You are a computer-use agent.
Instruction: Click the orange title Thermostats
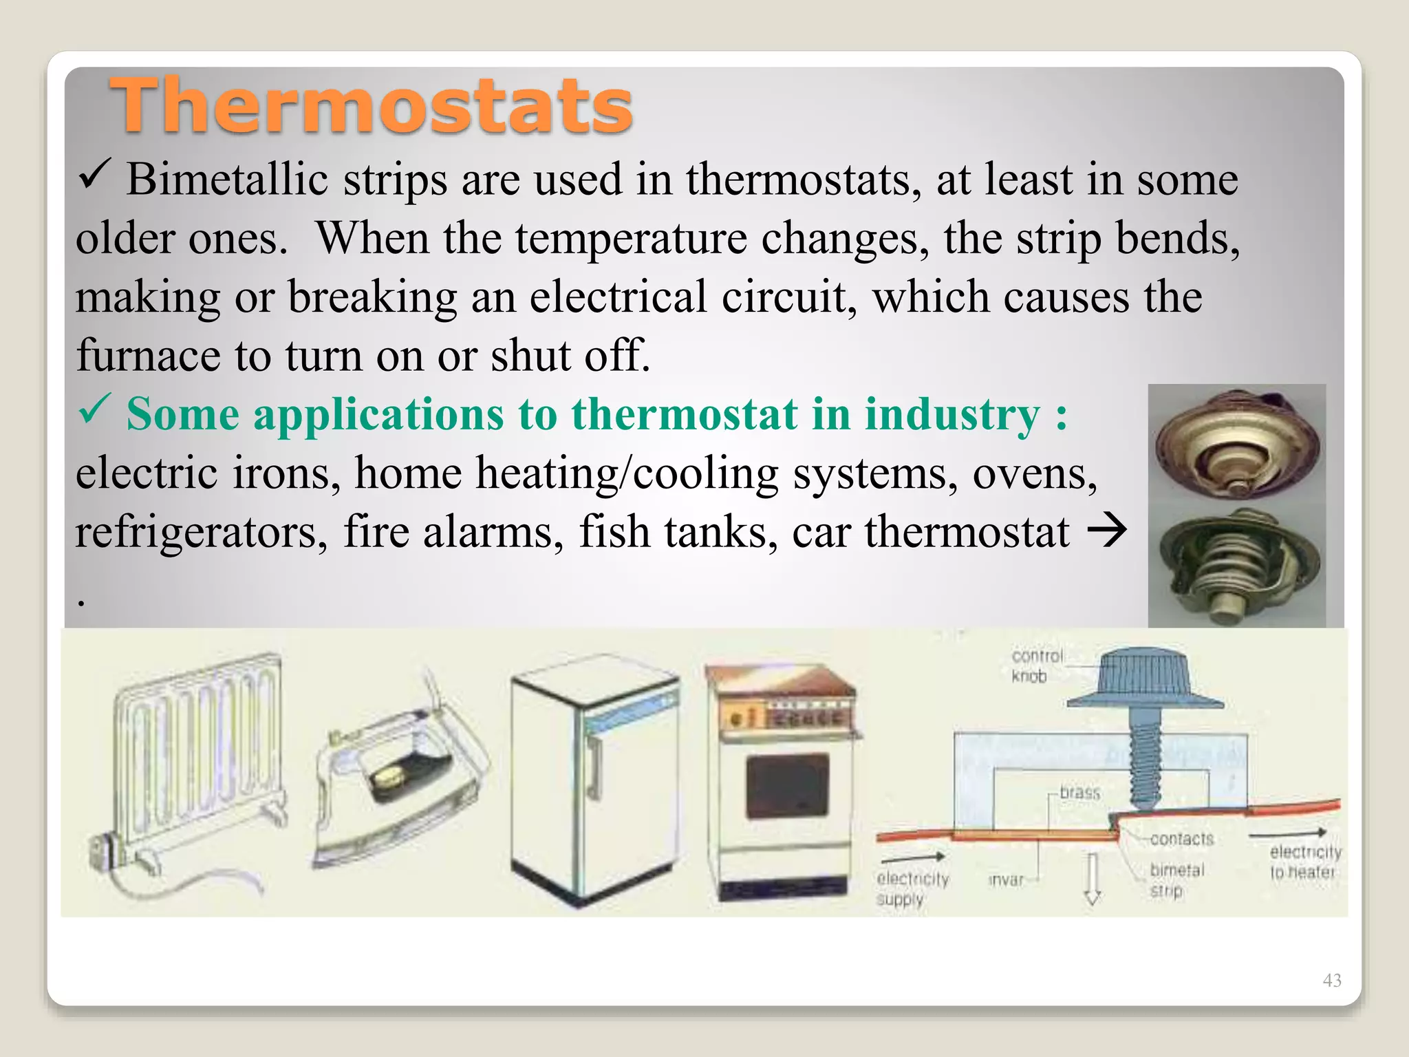(371, 105)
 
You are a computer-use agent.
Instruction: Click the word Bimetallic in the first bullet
(227, 180)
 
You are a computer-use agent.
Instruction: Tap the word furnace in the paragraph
(149, 356)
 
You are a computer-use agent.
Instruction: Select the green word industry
(952, 415)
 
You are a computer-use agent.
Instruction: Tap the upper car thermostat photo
(1236, 447)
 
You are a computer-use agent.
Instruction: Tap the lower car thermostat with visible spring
(1236, 568)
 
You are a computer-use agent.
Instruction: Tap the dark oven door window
(787, 785)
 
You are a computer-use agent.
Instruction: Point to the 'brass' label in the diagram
(1079, 793)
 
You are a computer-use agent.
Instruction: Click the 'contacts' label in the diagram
(1181, 839)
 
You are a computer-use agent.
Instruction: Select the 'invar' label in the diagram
(1006, 880)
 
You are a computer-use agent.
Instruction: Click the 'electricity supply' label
(912, 888)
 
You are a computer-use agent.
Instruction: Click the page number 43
(1331, 980)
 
